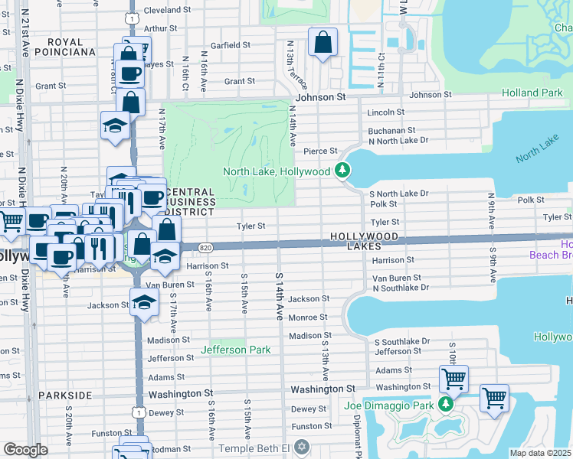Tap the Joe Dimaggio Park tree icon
[x=445, y=405]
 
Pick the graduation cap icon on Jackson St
[x=143, y=302]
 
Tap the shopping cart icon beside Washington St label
[x=453, y=378]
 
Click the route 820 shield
[x=205, y=247]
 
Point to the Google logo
[x=25, y=450]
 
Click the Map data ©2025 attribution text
[x=540, y=453]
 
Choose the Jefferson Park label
[x=236, y=350]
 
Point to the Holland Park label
[x=532, y=93]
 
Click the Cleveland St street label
[x=167, y=11]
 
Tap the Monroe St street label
[x=308, y=317]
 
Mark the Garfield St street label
[x=225, y=45]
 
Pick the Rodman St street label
[x=169, y=449]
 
